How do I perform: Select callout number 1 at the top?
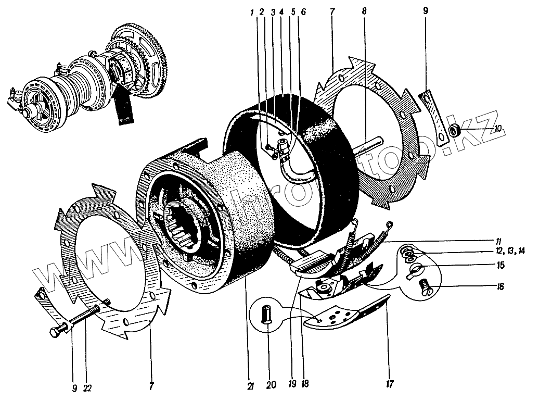pyautogui.click(x=253, y=11)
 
